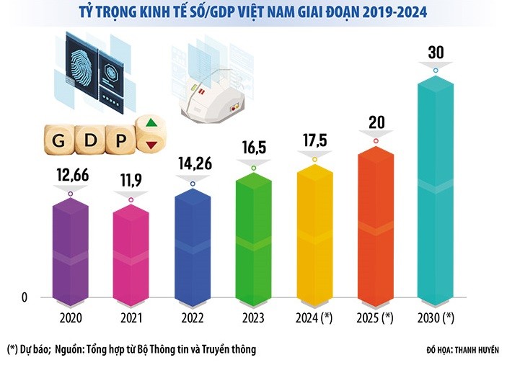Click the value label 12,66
(x=70, y=175)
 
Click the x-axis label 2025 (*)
(x=376, y=316)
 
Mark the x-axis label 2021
(x=131, y=316)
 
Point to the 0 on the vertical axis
(x=24, y=297)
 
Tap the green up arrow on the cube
(x=151, y=123)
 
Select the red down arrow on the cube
(x=151, y=145)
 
